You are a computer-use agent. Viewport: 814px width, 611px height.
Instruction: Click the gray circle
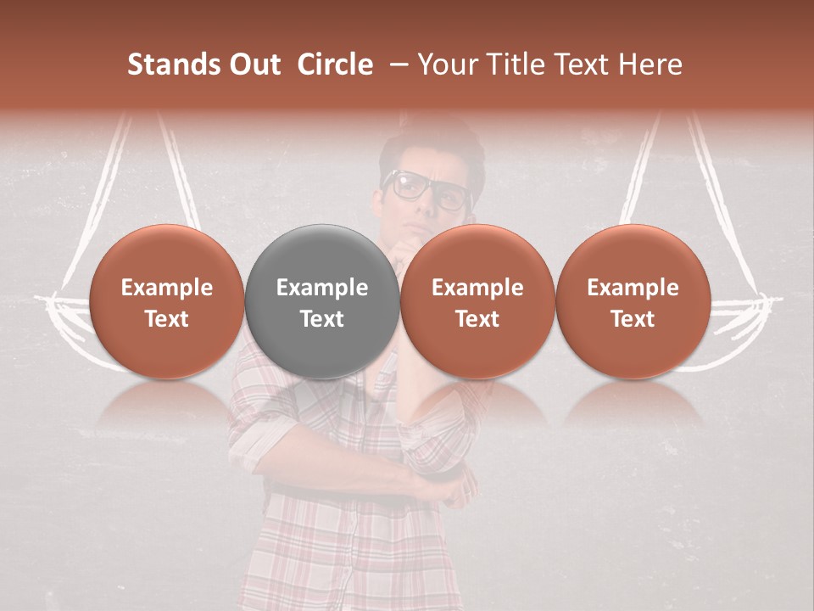tap(322, 301)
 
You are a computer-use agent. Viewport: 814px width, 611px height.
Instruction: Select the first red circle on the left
tap(167, 301)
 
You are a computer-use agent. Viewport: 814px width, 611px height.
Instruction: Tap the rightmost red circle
tap(633, 301)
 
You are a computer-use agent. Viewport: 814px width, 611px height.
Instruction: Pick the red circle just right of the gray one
tap(477, 301)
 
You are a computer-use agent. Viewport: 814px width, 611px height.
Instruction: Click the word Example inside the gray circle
tap(322, 288)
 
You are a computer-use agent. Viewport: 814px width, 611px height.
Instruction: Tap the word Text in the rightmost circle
tap(633, 319)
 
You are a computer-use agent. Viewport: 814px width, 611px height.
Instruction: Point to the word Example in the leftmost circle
tap(167, 288)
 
